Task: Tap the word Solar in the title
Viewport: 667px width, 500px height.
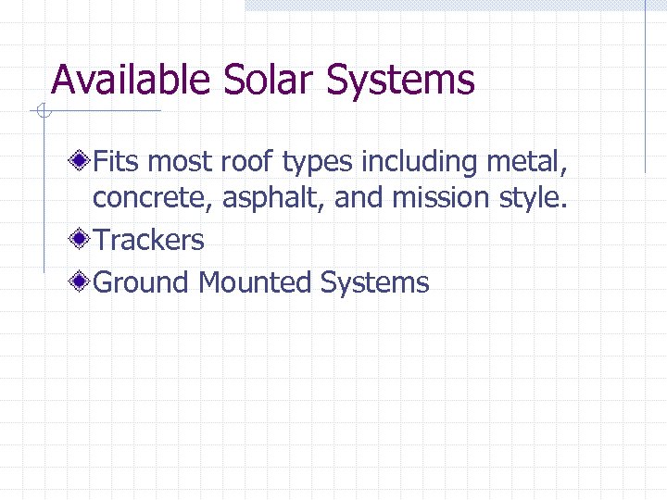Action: point(269,80)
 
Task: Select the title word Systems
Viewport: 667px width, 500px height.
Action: point(400,81)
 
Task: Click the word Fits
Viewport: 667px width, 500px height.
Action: point(118,163)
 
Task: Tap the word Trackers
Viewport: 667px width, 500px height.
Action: point(148,241)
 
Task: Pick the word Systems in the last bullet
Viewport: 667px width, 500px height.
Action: point(374,283)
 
